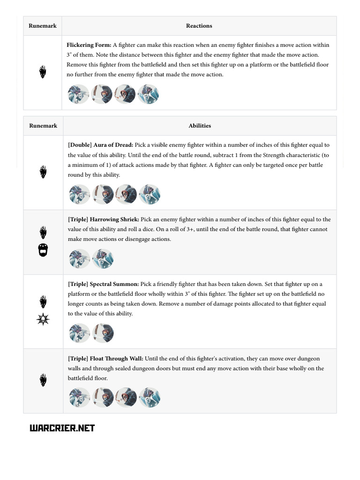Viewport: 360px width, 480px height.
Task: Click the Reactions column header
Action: pyautogui.click(x=199, y=26)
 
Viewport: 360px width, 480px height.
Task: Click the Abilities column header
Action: pyautogui.click(x=200, y=126)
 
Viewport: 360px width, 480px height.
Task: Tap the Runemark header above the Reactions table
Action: pyautogui.click(x=43, y=26)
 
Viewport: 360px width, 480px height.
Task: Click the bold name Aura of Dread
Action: pyautogui.click(x=113, y=145)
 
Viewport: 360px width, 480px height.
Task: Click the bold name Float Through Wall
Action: pyautogui.click(x=117, y=359)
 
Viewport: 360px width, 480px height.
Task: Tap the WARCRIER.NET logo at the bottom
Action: pyautogui.click(x=62, y=428)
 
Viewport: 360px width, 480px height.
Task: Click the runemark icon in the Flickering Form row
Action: pyautogui.click(x=43, y=72)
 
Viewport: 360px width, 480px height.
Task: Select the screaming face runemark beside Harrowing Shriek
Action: pyautogui.click(x=43, y=250)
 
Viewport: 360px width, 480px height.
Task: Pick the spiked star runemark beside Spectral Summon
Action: pyautogui.click(x=43, y=320)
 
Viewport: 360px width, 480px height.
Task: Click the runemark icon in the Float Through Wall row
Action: pyautogui.click(x=43, y=380)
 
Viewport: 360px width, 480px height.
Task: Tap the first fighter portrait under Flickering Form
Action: pyautogui.click(x=79, y=94)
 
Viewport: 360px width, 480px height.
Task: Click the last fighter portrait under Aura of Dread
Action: pyautogui.click(x=150, y=194)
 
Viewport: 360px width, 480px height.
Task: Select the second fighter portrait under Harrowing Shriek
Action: pyautogui.click(x=103, y=259)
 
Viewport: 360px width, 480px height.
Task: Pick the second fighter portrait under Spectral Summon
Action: pyautogui.click(x=103, y=333)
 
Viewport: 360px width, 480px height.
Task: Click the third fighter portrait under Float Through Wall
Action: pyautogui.click(x=126, y=397)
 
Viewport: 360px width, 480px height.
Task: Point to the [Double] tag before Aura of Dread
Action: pyautogui.click(x=80, y=145)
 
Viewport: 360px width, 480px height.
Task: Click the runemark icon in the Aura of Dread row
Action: pyautogui.click(x=43, y=172)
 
